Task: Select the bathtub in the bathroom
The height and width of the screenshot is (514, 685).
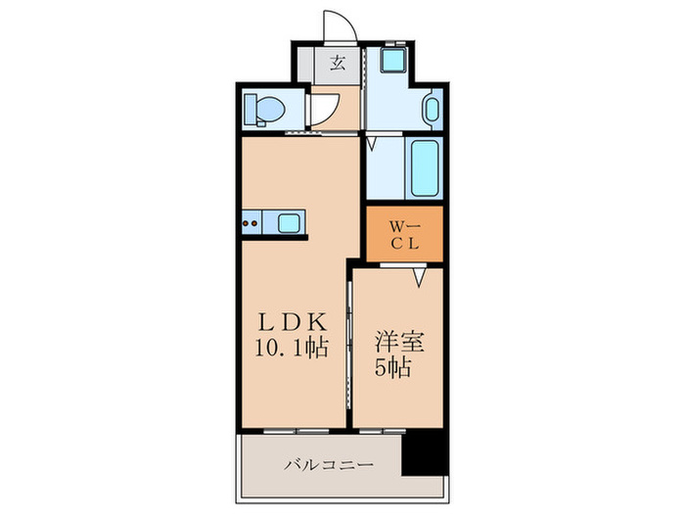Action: [424, 168]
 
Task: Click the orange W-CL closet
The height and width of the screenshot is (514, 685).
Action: [404, 234]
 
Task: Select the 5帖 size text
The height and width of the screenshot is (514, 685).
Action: [396, 369]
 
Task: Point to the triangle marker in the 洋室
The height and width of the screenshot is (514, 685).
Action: [419, 280]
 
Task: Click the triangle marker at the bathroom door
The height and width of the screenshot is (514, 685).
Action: [373, 145]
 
